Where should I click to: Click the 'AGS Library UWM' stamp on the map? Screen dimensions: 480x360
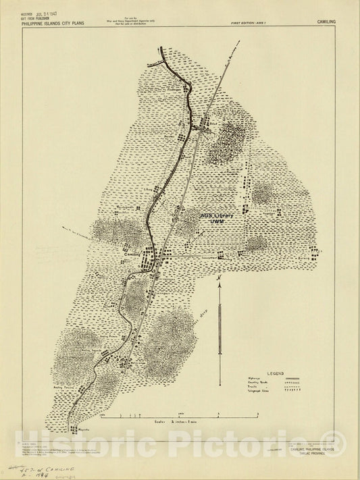pos(217,218)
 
